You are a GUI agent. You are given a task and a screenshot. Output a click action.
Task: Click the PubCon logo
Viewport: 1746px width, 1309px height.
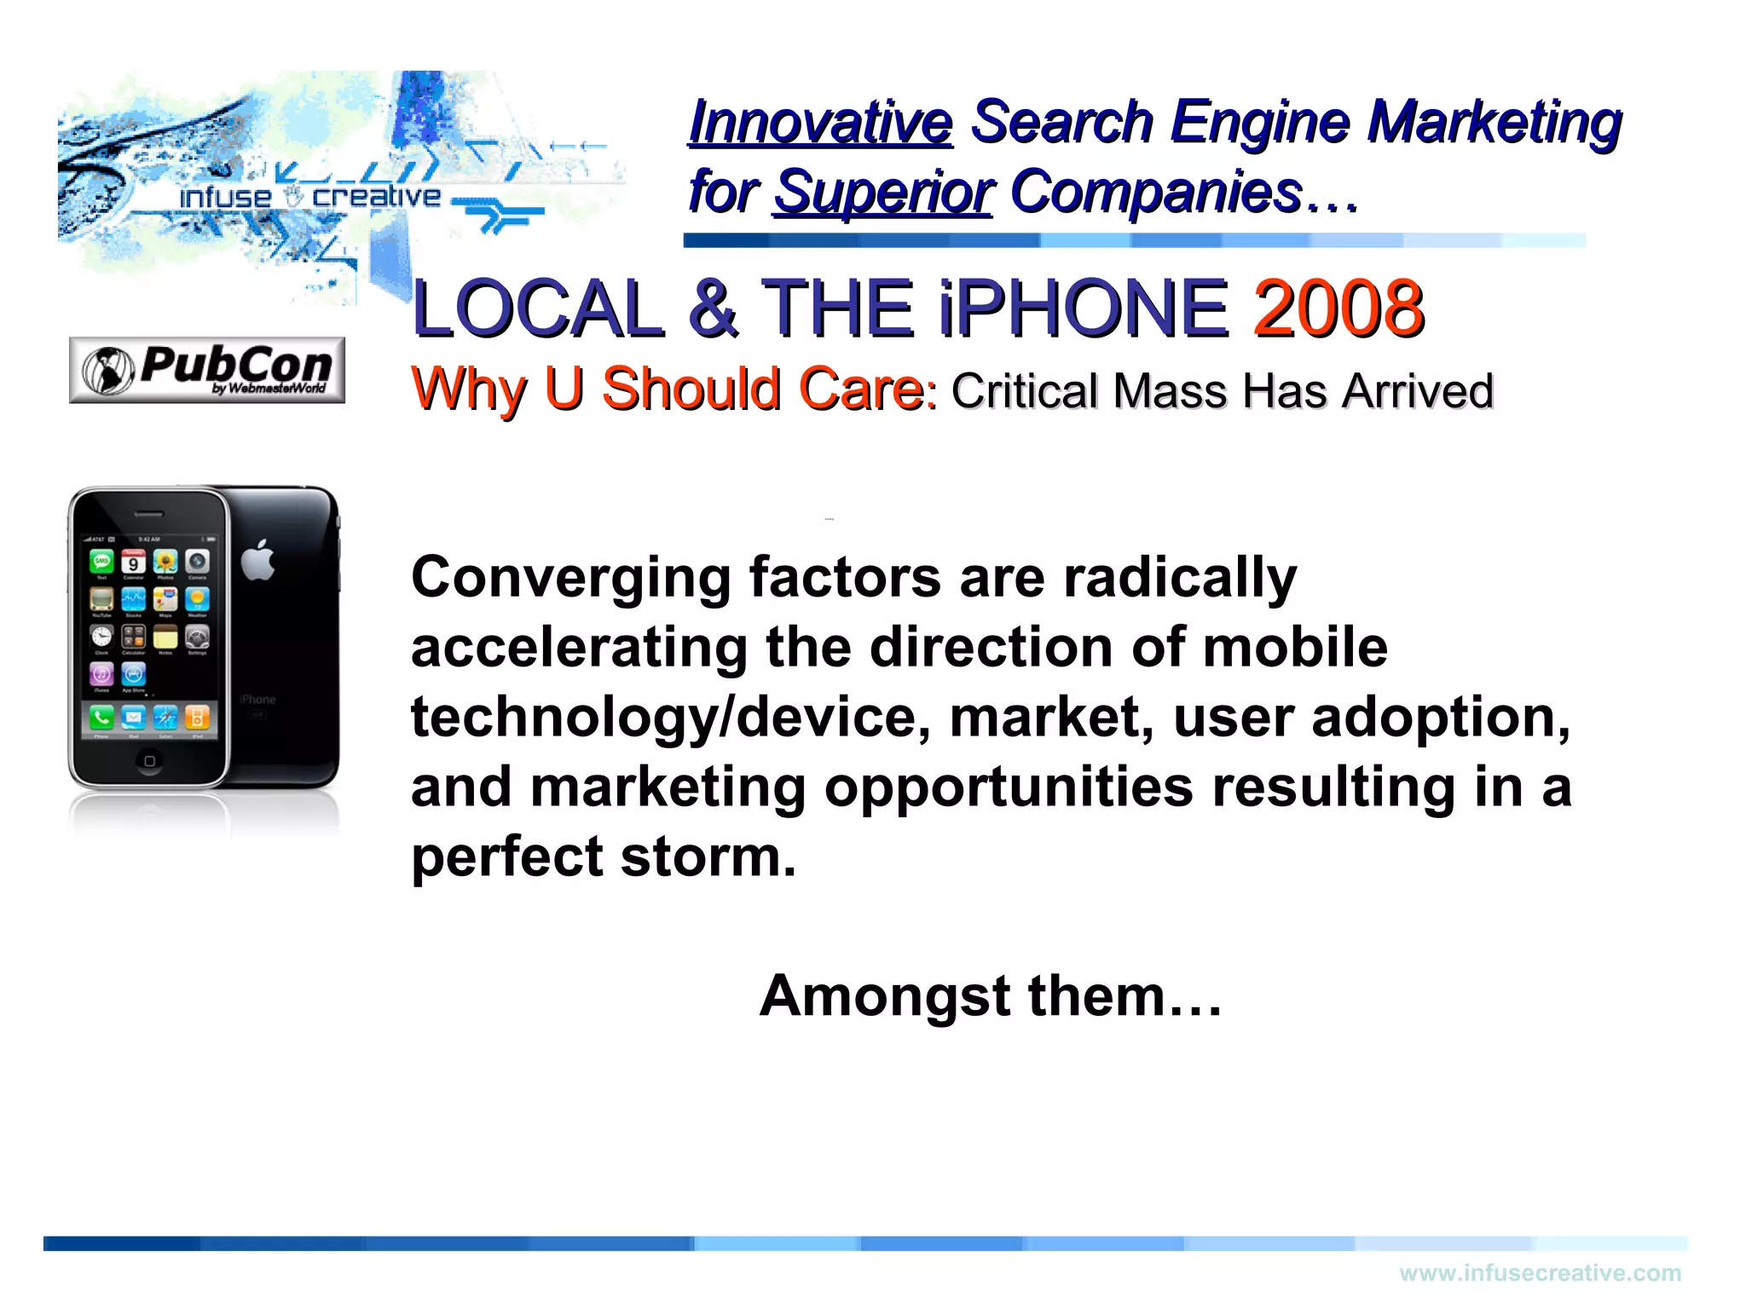click(207, 370)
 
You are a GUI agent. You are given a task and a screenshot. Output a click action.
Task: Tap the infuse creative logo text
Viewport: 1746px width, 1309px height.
click(310, 197)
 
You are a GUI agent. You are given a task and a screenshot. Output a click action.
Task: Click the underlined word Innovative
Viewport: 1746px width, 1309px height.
click(820, 122)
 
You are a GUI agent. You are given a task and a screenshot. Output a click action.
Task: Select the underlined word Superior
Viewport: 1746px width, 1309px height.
click(883, 193)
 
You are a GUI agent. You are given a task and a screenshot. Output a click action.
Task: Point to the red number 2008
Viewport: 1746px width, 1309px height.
click(1338, 309)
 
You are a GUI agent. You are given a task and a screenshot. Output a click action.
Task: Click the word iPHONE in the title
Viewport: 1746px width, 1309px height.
click(1083, 309)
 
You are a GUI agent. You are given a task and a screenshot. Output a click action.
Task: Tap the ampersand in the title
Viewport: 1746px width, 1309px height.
click(713, 309)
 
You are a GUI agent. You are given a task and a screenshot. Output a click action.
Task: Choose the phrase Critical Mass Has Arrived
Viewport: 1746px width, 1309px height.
click(1222, 392)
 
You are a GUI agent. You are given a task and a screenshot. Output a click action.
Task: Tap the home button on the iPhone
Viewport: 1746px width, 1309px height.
click(150, 760)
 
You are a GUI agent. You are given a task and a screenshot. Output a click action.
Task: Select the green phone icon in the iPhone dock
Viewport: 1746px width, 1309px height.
click(102, 717)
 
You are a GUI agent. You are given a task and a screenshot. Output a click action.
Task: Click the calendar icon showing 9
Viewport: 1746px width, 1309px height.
click(134, 562)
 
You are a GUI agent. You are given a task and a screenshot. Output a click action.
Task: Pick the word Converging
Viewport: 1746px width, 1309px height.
click(570, 578)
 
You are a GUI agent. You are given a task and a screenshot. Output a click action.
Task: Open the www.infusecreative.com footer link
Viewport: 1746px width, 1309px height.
click(1540, 1273)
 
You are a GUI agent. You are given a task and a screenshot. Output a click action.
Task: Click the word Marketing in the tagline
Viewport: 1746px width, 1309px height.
click(1494, 122)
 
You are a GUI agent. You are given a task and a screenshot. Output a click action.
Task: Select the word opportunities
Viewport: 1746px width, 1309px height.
click(1009, 787)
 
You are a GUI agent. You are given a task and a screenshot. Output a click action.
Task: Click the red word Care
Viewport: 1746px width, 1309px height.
click(861, 389)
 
